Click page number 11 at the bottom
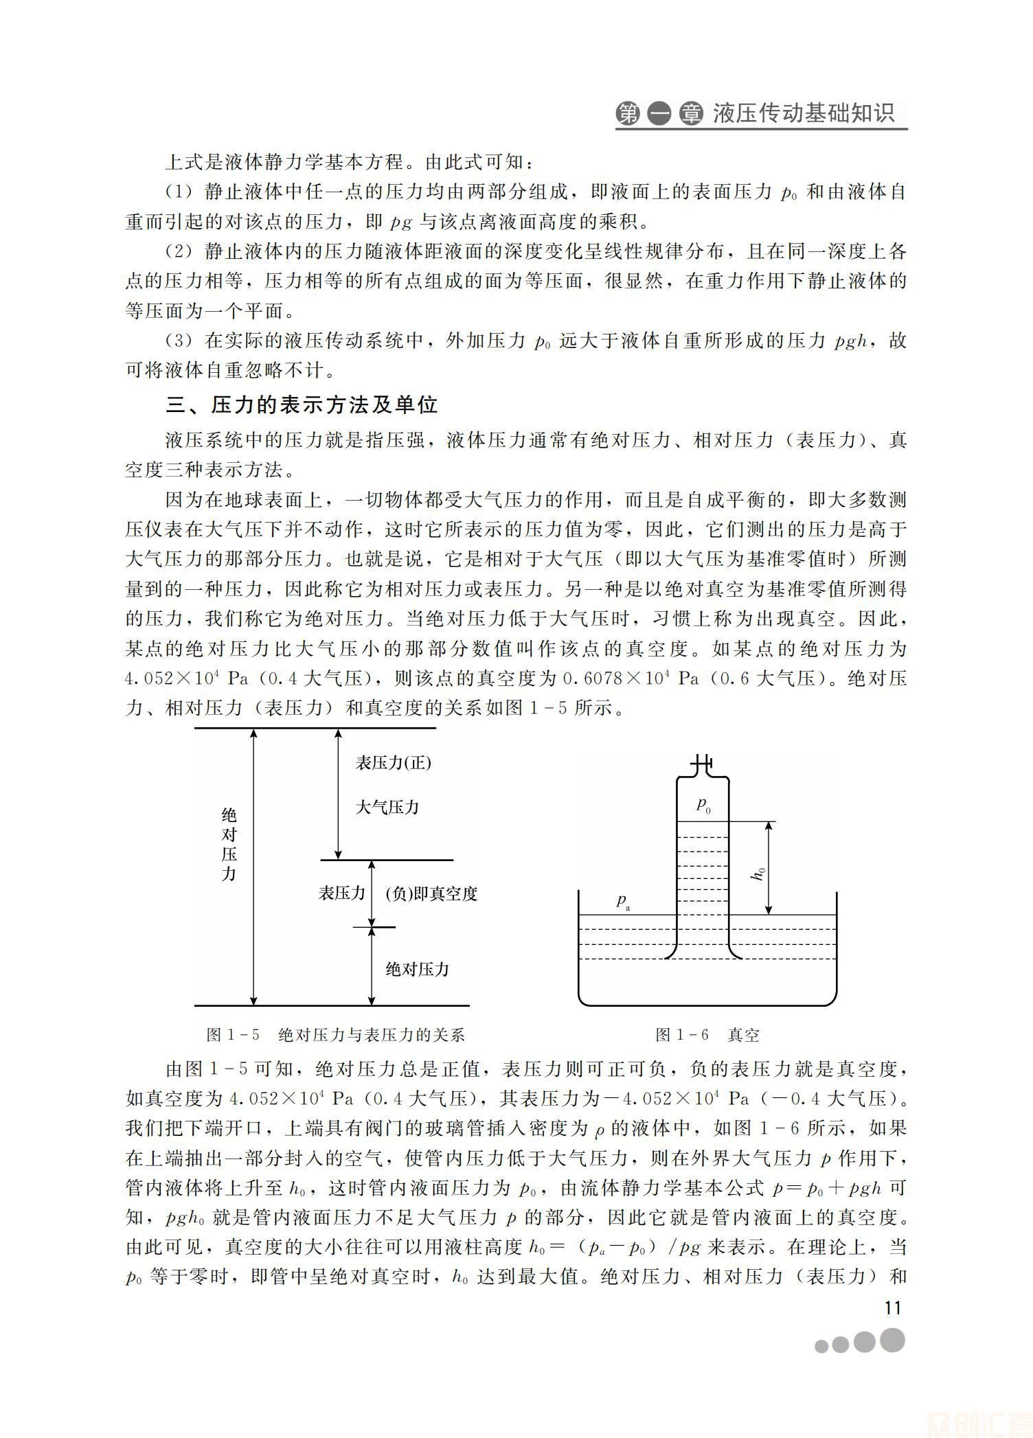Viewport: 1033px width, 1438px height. point(892,1307)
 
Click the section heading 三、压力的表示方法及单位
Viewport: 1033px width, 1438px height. point(302,404)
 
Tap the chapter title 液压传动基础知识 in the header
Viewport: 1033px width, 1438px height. point(804,113)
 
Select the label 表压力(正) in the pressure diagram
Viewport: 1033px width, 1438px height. point(393,763)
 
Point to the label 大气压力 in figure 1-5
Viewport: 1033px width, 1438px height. point(387,807)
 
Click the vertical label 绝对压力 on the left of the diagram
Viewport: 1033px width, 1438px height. point(229,845)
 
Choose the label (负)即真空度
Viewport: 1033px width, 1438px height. point(431,893)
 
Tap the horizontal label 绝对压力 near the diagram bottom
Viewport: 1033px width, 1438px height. point(417,969)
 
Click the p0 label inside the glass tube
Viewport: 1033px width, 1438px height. point(703,804)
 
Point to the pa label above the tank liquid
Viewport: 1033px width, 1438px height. point(623,901)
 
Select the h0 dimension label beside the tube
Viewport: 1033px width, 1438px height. point(758,874)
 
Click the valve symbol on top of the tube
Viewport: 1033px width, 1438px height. point(702,763)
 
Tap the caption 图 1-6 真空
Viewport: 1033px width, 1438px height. point(707,1035)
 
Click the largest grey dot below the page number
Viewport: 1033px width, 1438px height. point(892,1340)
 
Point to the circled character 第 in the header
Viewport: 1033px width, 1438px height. point(628,114)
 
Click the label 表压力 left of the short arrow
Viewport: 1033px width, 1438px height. point(341,893)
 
